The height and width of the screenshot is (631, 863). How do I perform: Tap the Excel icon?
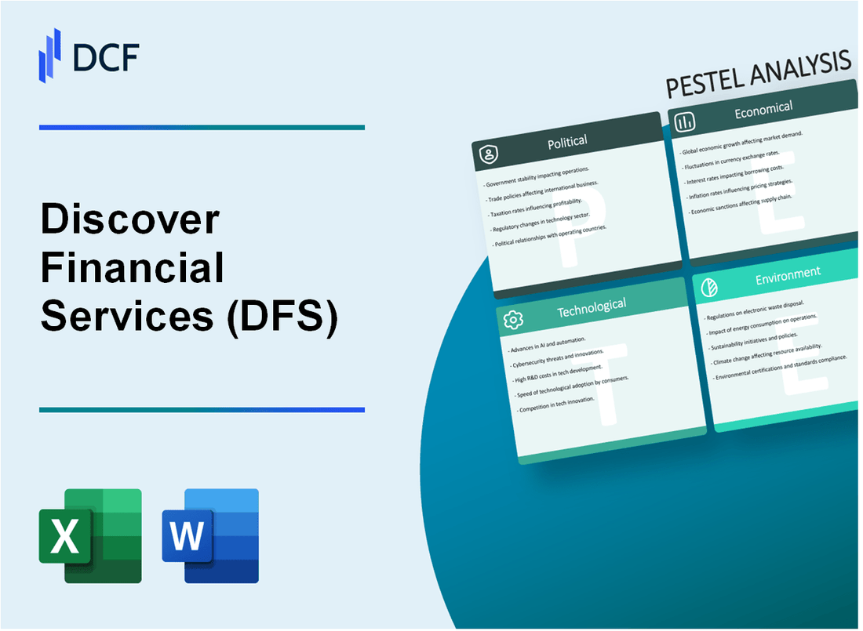pyautogui.click(x=90, y=536)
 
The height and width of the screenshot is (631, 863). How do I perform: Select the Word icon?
pyautogui.click(x=210, y=536)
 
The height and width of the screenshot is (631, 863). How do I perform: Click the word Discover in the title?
pyautogui.click(x=130, y=223)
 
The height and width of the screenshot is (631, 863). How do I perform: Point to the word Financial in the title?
pyautogui.click(x=133, y=269)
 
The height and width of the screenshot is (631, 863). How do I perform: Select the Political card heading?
pyautogui.click(x=567, y=142)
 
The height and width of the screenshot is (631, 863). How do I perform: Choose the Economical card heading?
pyautogui.click(x=763, y=111)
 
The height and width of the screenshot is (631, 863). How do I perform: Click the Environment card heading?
pyautogui.click(x=788, y=274)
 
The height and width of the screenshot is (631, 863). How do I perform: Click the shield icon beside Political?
pyautogui.click(x=489, y=154)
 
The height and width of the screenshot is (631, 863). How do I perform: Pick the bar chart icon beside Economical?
pyautogui.click(x=685, y=121)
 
